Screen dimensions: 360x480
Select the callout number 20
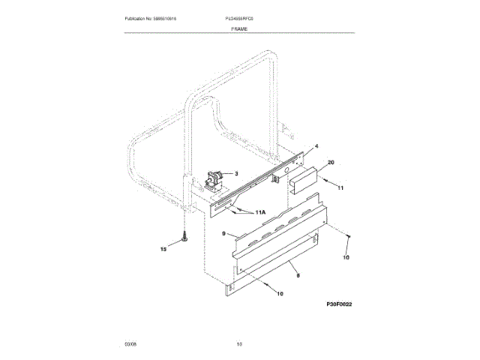(x=331, y=161)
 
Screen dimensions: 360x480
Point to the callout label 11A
(x=259, y=214)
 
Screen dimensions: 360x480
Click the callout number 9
(x=223, y=234)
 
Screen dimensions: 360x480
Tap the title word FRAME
(x=240, y=28)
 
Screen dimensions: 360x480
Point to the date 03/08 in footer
(x=130, y=343)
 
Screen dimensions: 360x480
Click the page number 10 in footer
(x=239, y=343)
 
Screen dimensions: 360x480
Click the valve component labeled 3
(x=212, y=180)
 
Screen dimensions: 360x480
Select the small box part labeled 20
(x=304, y=178)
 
